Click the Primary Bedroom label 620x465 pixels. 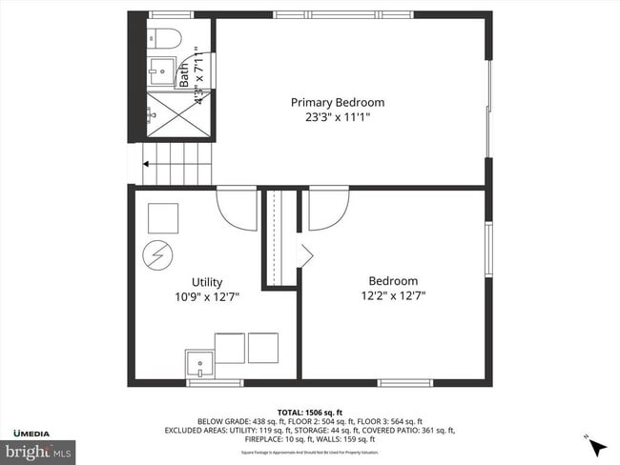coord(338,102)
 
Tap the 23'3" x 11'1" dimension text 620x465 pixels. coord(338,117)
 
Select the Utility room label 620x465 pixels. coord(207,282)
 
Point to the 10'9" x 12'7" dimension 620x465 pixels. coord(207,296)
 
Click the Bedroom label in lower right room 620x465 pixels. coord(393,281)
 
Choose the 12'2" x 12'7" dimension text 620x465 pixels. coord(393,295)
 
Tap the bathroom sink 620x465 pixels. coord(160,70)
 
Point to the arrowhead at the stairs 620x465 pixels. coord(146,164)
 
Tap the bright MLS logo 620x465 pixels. coord(39,450)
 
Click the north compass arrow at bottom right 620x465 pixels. coord(597,447)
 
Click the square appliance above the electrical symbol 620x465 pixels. coord(162,218)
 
